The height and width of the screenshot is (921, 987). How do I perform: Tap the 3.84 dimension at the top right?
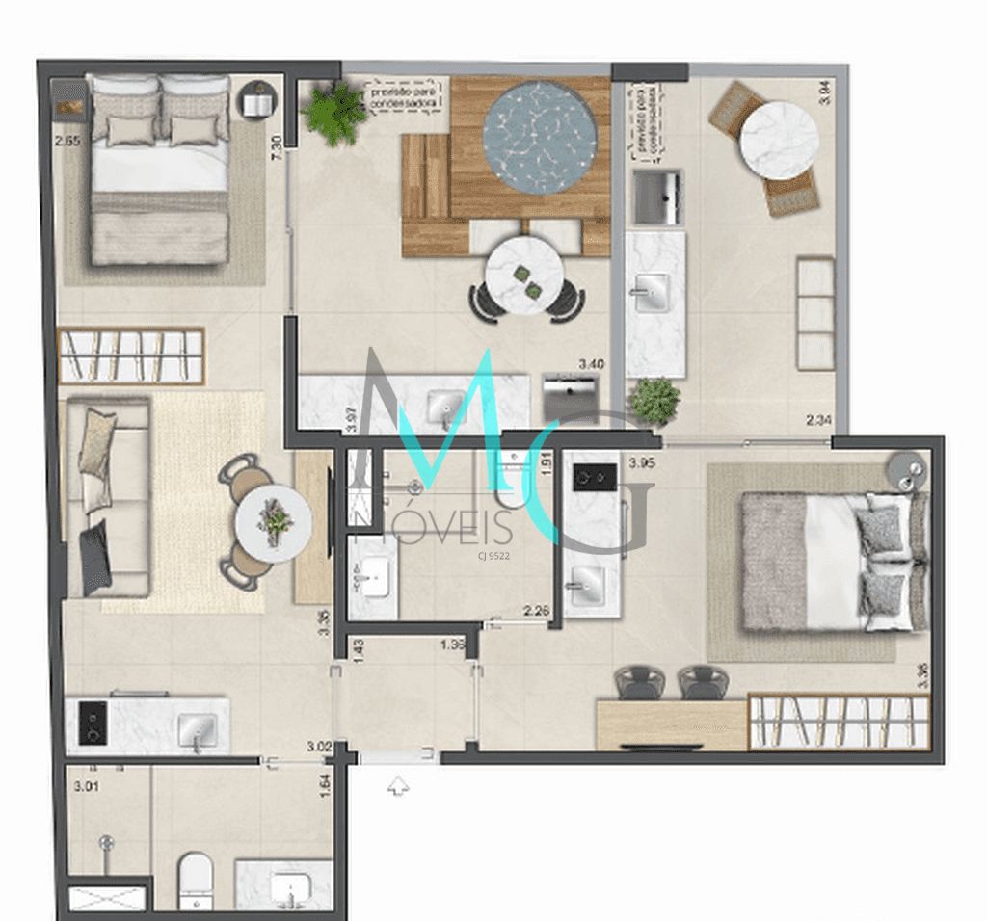pyautogui.click(x=823, y=92)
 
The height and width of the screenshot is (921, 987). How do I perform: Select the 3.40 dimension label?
pyautogui.click(x=591, y=364)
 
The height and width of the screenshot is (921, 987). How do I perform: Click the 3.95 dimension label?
pyautogui.click(x=642, y=463)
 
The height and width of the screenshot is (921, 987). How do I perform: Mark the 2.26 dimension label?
pyautogui.click(x=536, y=610)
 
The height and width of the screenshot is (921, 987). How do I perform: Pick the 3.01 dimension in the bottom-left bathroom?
pyautogui.click(x=87, y=786)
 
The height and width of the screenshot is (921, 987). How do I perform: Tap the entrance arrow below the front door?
pyautogui.click(x=397, y=787)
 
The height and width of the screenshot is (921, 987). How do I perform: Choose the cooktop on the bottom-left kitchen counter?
pyautogui.click(x=93, y=723)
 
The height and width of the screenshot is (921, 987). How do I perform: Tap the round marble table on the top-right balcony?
pyautogui.click(x=778, y=141)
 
